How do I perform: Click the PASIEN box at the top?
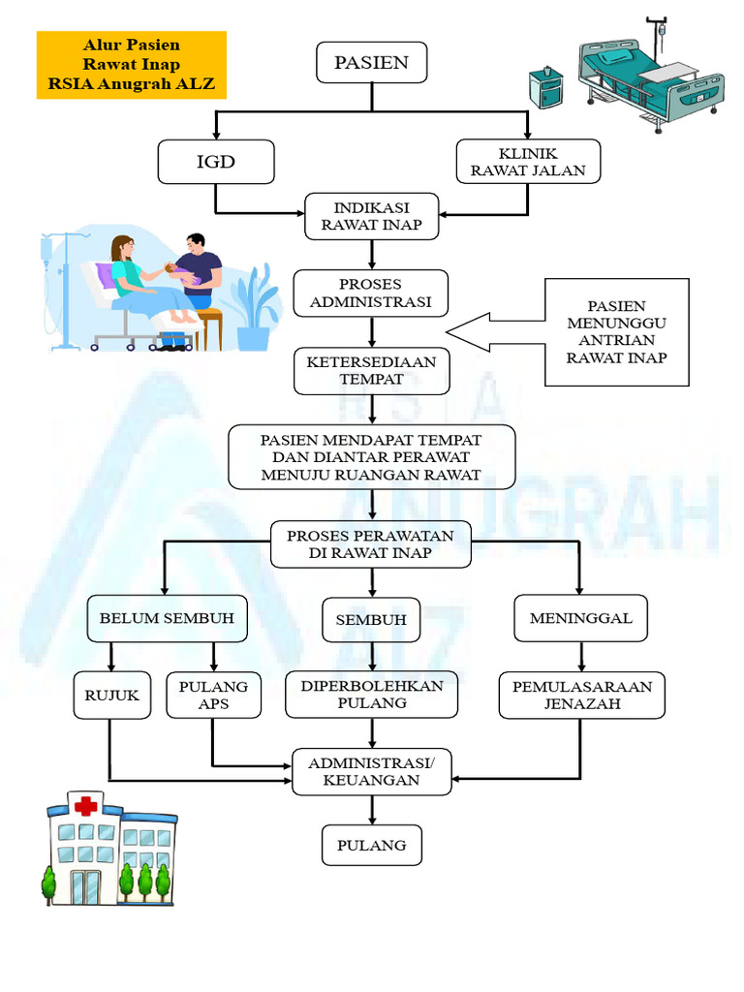371,63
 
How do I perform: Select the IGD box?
216,162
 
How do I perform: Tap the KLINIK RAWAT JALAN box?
528,162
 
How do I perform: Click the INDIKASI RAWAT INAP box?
372,217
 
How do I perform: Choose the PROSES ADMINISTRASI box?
372,293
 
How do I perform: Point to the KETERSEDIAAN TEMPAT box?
372,371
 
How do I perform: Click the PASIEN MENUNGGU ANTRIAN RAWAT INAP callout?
616,332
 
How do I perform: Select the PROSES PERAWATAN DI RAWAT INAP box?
371,544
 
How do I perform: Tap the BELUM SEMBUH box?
167,619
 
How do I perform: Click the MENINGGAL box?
580,618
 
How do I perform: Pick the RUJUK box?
111,695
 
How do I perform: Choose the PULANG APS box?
213,695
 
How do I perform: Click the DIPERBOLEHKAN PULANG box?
372,695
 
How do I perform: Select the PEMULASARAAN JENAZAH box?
581,695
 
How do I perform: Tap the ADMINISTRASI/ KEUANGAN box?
372,771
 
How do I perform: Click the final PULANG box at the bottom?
372,845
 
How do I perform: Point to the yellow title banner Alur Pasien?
131,65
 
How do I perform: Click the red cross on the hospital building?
87,805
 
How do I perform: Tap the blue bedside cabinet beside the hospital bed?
548,88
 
